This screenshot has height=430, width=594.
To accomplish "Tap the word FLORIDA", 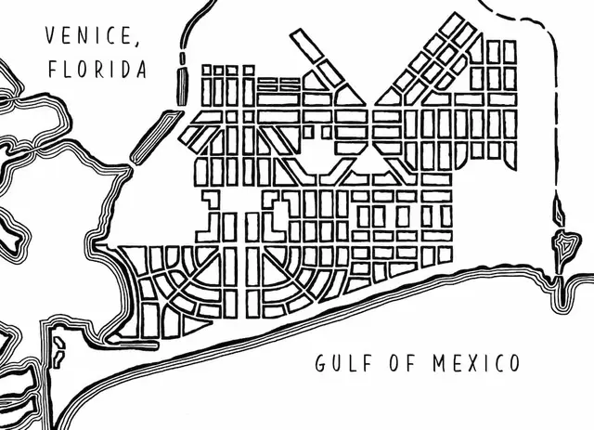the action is click(x=97, y=70).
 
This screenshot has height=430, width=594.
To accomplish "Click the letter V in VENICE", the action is click(x=52, y=36).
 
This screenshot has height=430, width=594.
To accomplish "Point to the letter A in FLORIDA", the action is click(x=140, y=70).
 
